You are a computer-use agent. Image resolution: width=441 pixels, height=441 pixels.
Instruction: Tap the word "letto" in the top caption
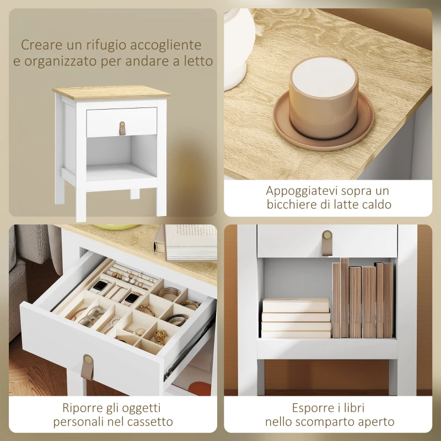pos(196,61)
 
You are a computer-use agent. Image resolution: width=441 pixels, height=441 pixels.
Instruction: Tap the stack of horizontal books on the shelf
pos(295,318)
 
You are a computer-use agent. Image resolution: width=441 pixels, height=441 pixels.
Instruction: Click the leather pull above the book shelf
pos(327,242)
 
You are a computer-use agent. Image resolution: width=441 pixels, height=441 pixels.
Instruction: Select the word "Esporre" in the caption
pos(311,408)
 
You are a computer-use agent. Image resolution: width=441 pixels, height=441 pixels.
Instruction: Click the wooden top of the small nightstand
pos(111,91)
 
